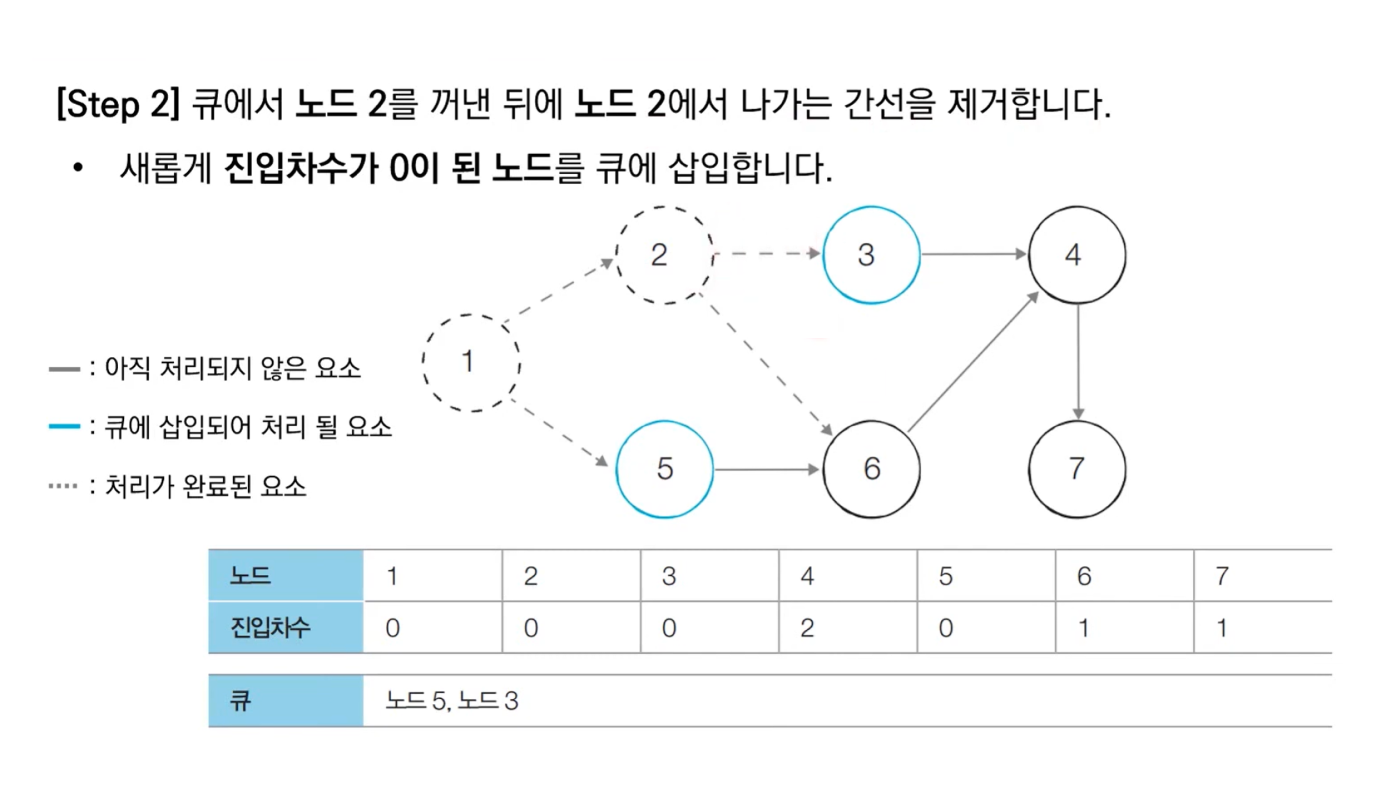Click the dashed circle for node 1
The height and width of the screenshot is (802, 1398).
coord(471,362)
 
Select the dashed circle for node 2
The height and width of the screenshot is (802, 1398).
coord(664,255)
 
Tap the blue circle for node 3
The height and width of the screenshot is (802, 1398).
coord(871,255)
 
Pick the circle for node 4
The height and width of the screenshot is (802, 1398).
coord(1077,255)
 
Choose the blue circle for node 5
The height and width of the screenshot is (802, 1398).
coord(665,469)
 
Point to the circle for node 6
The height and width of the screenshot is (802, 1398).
coord(871,469)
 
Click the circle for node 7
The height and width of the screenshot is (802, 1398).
coord(1077,469)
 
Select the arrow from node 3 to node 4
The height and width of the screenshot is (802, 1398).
coord(974,254)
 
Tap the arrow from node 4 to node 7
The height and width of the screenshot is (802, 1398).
coord(1078,361)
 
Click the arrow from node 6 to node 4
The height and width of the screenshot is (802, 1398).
coord(973,362)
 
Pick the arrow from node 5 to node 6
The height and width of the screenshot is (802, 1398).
coord(767,469)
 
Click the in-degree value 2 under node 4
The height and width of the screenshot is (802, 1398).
coord(807,628)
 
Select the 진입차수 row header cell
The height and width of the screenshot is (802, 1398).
coord(286,627)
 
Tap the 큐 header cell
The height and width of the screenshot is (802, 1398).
coord(286,701)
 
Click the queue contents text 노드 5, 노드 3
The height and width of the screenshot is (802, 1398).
coord(451,701)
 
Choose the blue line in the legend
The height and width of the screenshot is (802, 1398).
coord(64,426)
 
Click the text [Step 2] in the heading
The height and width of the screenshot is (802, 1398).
coord(118,105)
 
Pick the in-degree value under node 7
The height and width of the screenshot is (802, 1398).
coord(1222,628)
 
